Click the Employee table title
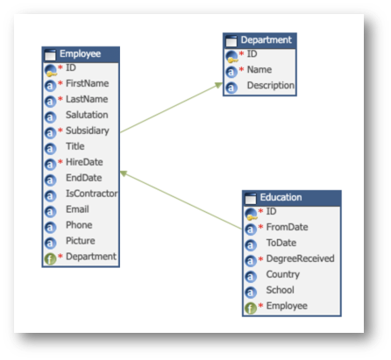[x=80, y=53]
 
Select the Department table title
[x=266, y=39]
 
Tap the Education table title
[x=281, y=197]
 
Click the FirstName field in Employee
[x=87, y=83]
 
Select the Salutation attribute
[x=87, y=115]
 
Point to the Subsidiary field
[x=88, y=131]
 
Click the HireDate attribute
[x=84, y=162]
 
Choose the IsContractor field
[x=92, y=194]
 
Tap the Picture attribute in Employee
[x=81, y=241]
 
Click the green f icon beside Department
[x=50, y=258]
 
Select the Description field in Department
[x=271, y=85]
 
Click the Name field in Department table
[x=259, y=69]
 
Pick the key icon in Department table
[x=231, y=57]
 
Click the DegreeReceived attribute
[x=300, y=258]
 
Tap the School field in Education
[x=280, y=290]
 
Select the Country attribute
[x=282, y=274]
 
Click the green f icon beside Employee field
[x=251, y=308]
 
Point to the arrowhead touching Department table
[x=218, y=85]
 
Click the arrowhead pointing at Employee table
[x=124, y=173]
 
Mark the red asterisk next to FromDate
[x=260, y=227]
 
